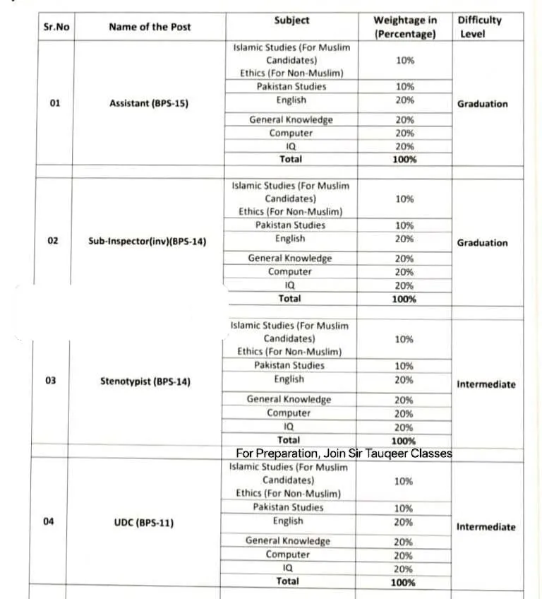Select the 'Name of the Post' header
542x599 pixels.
pyautogui.click(x=150, y=27)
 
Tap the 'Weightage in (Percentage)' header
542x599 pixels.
pyautogui.click(x=404, y=27)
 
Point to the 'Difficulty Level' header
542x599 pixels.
pyautogui.click(x=479, y=27)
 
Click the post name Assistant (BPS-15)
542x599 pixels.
pyautogui.click(x=149, y=103)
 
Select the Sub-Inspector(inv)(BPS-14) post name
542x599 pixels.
pyautogui.click(x=147, y=241)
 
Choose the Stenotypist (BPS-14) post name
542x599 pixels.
pyautogui.click(x=145, y=381)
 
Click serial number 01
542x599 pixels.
pyautogui.click(x=55, y=103)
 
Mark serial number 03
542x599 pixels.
pyautogui.click(x=51, y=381)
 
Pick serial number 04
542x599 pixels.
pyautogui.click(x=49, y=522)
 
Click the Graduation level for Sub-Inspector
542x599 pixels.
pyautogui.click(x=482, y=242)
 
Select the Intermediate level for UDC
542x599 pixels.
pyautogui.click(x=486, y=527)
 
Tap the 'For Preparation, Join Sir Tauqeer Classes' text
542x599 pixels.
pyautogui.click(x=344, y=453)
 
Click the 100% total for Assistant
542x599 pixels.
pyautogui.click(x=404, y=160)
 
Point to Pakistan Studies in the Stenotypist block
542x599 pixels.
pyautogui.click(x=289, y=365)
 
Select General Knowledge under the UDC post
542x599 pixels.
pyautogui.click(x=287, y=540)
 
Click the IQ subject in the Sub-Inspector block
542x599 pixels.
pyautogui.click(x=289, y=285)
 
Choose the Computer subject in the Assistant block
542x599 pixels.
pyautogui.click(x=291, y=133)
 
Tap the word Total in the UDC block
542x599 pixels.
pyautogui.click(x=287, y=581)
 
